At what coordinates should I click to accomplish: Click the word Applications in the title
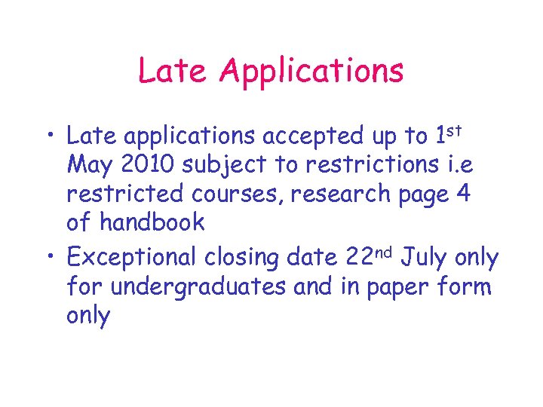[312, 71]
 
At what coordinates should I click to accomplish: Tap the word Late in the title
[174, 71]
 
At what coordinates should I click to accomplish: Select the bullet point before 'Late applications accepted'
[51, 136]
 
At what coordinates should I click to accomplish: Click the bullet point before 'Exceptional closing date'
[51, 258]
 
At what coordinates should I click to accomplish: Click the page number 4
[464, 194]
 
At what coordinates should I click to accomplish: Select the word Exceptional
[133, 258]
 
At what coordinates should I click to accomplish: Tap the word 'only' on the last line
[88, 316]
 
